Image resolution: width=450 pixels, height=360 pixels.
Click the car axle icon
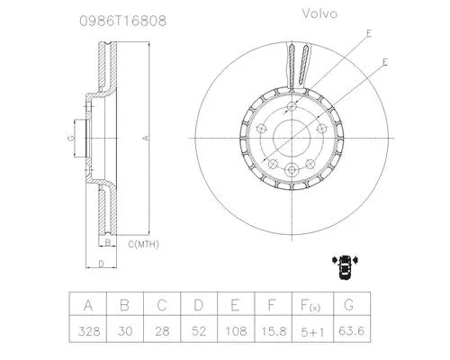point(344,263)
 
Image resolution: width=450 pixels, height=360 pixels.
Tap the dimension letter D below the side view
point(101,264)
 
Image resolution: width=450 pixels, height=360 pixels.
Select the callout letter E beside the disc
point(384,62)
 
